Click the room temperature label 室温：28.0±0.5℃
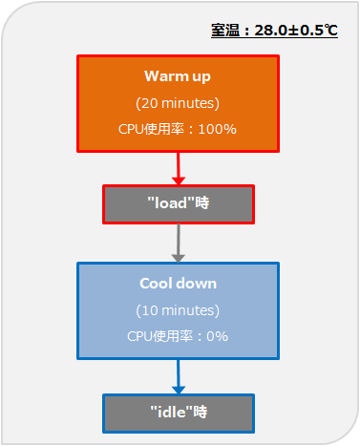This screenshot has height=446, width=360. click(x=274, y=31)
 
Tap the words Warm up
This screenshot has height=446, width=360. click(x=178, y=76)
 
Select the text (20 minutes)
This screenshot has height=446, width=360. click(x=178, y=103)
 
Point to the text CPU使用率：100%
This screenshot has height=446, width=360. click(x=178, y=129)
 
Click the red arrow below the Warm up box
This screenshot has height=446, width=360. click(x=179, y=168)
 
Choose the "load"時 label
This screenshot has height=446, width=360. click(x=179, y=202)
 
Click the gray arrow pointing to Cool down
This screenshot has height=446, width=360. click(x=179, y=243)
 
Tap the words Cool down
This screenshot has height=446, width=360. click(x=178, y=284)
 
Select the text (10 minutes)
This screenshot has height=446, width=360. click(x=178, y=310)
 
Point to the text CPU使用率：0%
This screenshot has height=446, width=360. click(x=178, y=336)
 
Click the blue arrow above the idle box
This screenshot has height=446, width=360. click(x=179, y=376)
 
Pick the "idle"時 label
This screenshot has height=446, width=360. click(x=179, y=412)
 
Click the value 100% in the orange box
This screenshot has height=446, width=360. click(x=218, y=129)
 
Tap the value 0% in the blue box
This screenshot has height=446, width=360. click(x=218, y=336)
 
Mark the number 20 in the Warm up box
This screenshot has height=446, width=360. click(x=149, y=103)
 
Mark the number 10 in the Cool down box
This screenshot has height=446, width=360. click(x=150, y=310)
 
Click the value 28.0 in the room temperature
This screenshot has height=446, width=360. click(x=270, y=31)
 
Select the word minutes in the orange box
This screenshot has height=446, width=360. click(x=188, y=103)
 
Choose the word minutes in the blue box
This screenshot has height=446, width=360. click(x=188, y=310)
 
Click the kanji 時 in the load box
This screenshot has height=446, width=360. click(x=202, y=202)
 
